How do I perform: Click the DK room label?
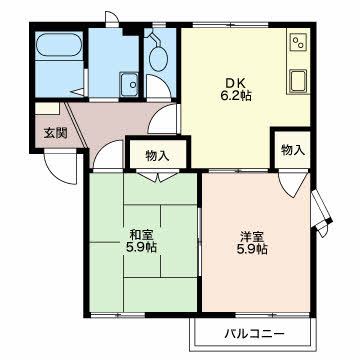click(235, 83)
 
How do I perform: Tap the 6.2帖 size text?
click(235, 96)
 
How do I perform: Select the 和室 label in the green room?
click(141, 235)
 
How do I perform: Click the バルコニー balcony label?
click(255, 333)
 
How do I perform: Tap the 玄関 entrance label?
click(56, 133)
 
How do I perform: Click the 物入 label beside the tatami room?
click(157, 156)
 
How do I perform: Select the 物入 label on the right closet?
click(293, 150)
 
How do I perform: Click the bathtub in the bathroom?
click(59, 45)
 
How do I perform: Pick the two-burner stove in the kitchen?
click(298, 43)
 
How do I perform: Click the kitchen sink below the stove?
click(298, 81)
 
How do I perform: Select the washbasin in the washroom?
click(129, 85)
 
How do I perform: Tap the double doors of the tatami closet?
click(158, 177)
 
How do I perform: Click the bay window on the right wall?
click(321, 213)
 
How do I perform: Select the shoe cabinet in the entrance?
click(47, 109)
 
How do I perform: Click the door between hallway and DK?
click(164, 119)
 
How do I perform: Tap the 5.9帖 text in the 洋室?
click(252, 249)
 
